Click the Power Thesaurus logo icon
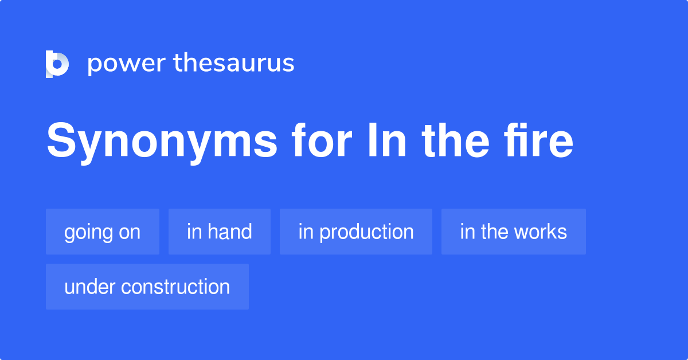tap(57, 64)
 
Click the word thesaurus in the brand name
tap(234, 64)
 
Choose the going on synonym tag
tap(103, 232)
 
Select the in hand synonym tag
tap(220, 232)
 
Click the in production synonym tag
tap(356, 232)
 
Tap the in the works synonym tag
tap(514, 232)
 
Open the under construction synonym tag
tap(147, 287)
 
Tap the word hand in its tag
tap(230, 232)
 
